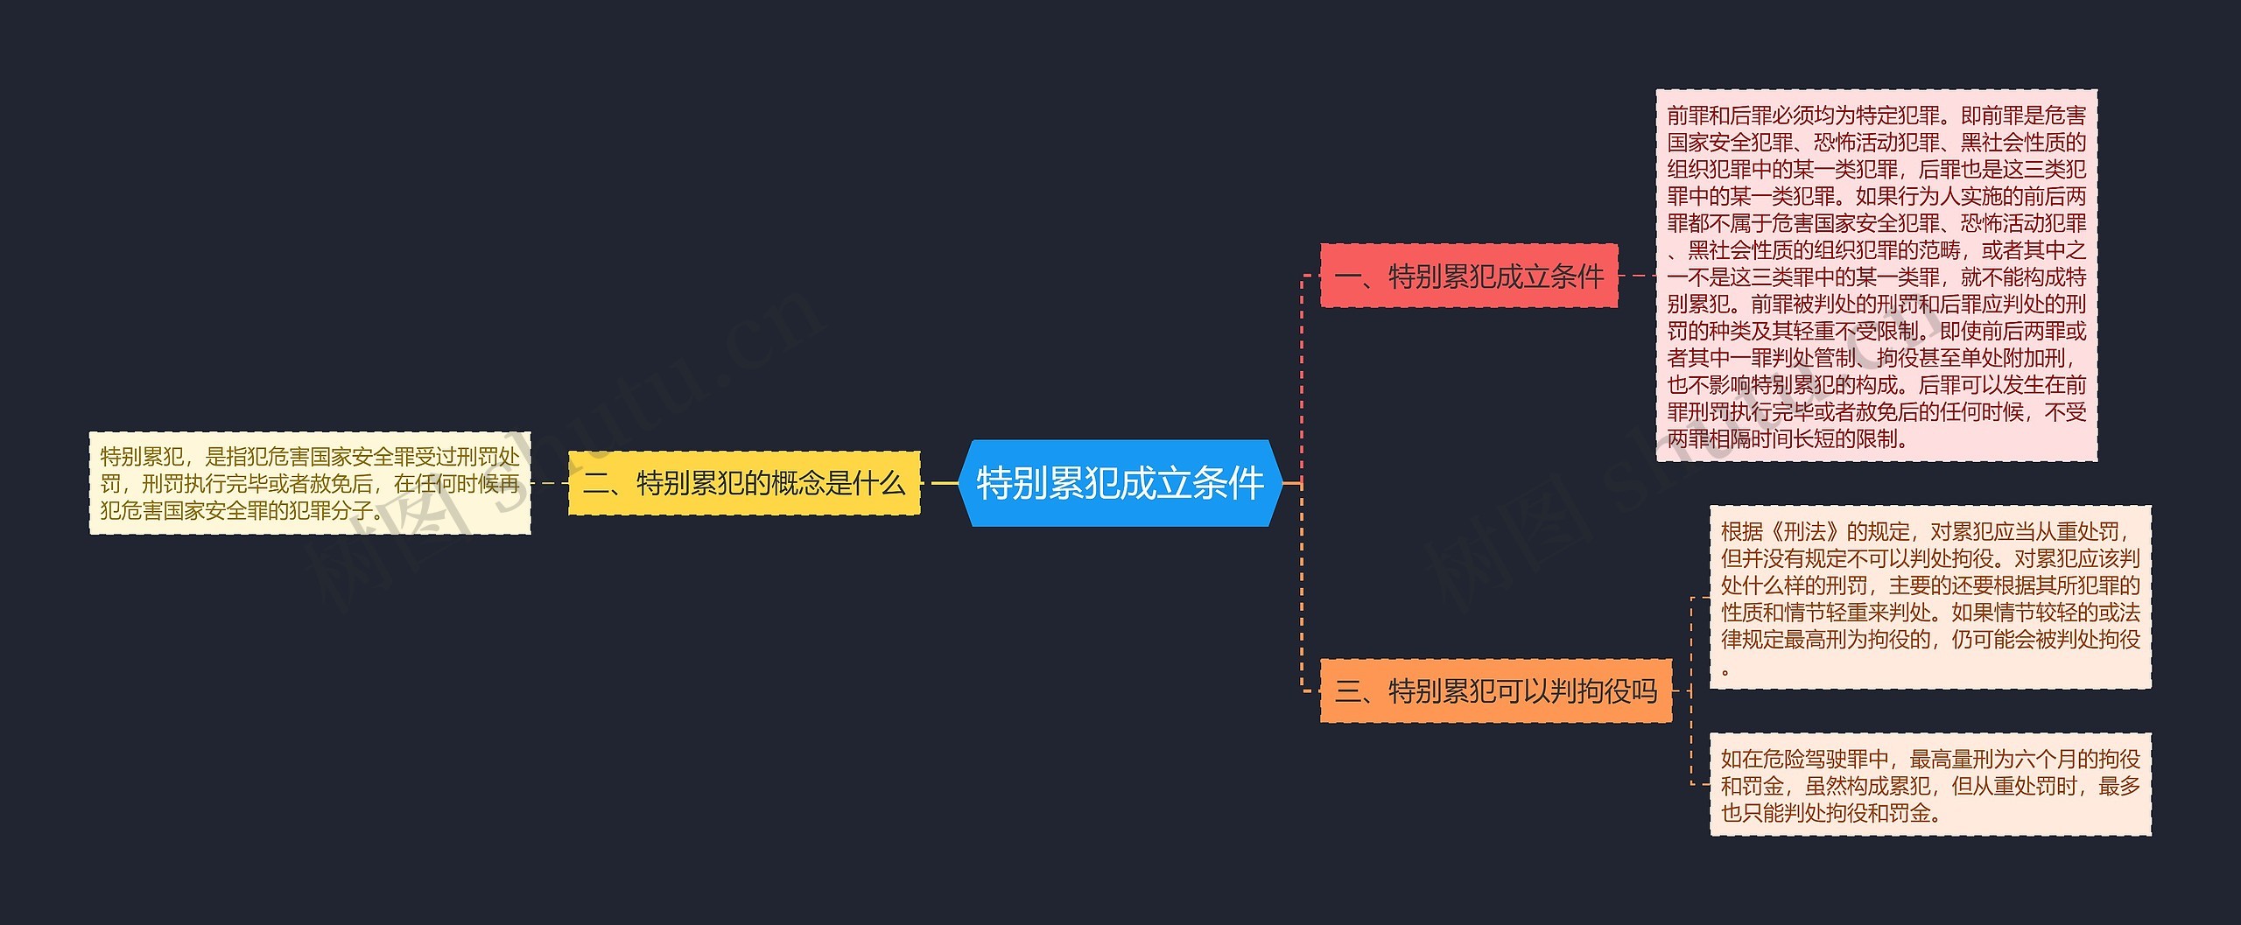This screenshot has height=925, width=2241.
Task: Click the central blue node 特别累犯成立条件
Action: coord(1120,483)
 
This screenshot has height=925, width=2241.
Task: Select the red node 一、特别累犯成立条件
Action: coord(1468,277)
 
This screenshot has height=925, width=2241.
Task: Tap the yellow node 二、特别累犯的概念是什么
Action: coord(744,483)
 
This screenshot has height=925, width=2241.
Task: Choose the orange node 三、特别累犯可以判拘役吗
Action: coord(1495,691)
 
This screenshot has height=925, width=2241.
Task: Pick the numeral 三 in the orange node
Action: coord(1347,691)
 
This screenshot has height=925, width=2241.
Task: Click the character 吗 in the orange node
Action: coord(1644,691)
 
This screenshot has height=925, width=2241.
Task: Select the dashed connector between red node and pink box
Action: coord(1636,277)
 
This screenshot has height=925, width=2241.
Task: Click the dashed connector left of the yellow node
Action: coord(549,483)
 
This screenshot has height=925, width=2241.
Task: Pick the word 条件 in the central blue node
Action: coord(1228,483)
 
